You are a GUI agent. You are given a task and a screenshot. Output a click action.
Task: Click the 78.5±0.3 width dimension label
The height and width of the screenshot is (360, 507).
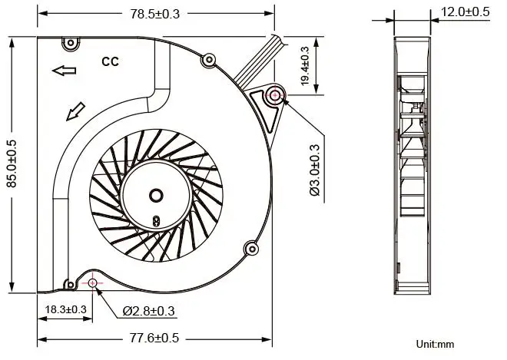pyautogui.click(x=156, y=14)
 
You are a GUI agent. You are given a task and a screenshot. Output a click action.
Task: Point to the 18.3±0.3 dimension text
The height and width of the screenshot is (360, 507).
pyautogui.click(x=65, y=309)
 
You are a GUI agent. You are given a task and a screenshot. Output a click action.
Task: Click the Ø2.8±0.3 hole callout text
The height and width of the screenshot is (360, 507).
pyautogui.click(x=149, y=311)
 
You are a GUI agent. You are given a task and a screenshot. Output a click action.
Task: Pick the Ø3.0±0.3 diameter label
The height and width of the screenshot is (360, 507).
pyautogui.click(x=314, y=169)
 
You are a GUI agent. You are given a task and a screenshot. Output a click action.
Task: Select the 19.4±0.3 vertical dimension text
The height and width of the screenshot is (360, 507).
pyautogui.click(x=305, y=67)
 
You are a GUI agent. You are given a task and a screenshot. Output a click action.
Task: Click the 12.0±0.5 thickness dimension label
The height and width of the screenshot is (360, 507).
pyautogui.click(x=465, y=12)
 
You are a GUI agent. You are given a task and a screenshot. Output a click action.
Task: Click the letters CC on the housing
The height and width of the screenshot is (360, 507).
pyautogui.click(x=110, y=62)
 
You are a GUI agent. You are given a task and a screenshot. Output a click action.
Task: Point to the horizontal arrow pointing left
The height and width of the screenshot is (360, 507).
pyautogui.click(x=65, y=71)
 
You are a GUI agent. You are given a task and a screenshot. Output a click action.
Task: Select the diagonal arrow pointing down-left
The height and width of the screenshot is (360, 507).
pyautogui.click(x=75, y=113)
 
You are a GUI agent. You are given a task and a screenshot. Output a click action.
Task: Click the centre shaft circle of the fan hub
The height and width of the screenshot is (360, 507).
pyautogui.click(x=156, y=195)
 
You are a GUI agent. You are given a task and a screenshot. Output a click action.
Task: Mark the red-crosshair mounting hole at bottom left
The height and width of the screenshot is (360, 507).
pyautogui.click(x=93, y=283)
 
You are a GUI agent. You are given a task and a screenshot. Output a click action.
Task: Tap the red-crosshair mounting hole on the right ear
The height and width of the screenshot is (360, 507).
pyautogui.click(x=275, y=97)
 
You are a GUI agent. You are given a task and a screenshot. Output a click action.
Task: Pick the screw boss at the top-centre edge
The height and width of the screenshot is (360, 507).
pyautogui.click(x=207, y=60)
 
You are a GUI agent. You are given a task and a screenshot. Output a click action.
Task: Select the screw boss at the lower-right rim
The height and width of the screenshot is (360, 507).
pyautogui.click(x=250, y=248)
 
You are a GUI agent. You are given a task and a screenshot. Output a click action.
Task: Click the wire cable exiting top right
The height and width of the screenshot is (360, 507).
pyautogui.click(x=255, y=61)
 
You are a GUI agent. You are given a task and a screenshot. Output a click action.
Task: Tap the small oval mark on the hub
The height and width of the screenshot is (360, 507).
pyautogui.click(x=156, y=220)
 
